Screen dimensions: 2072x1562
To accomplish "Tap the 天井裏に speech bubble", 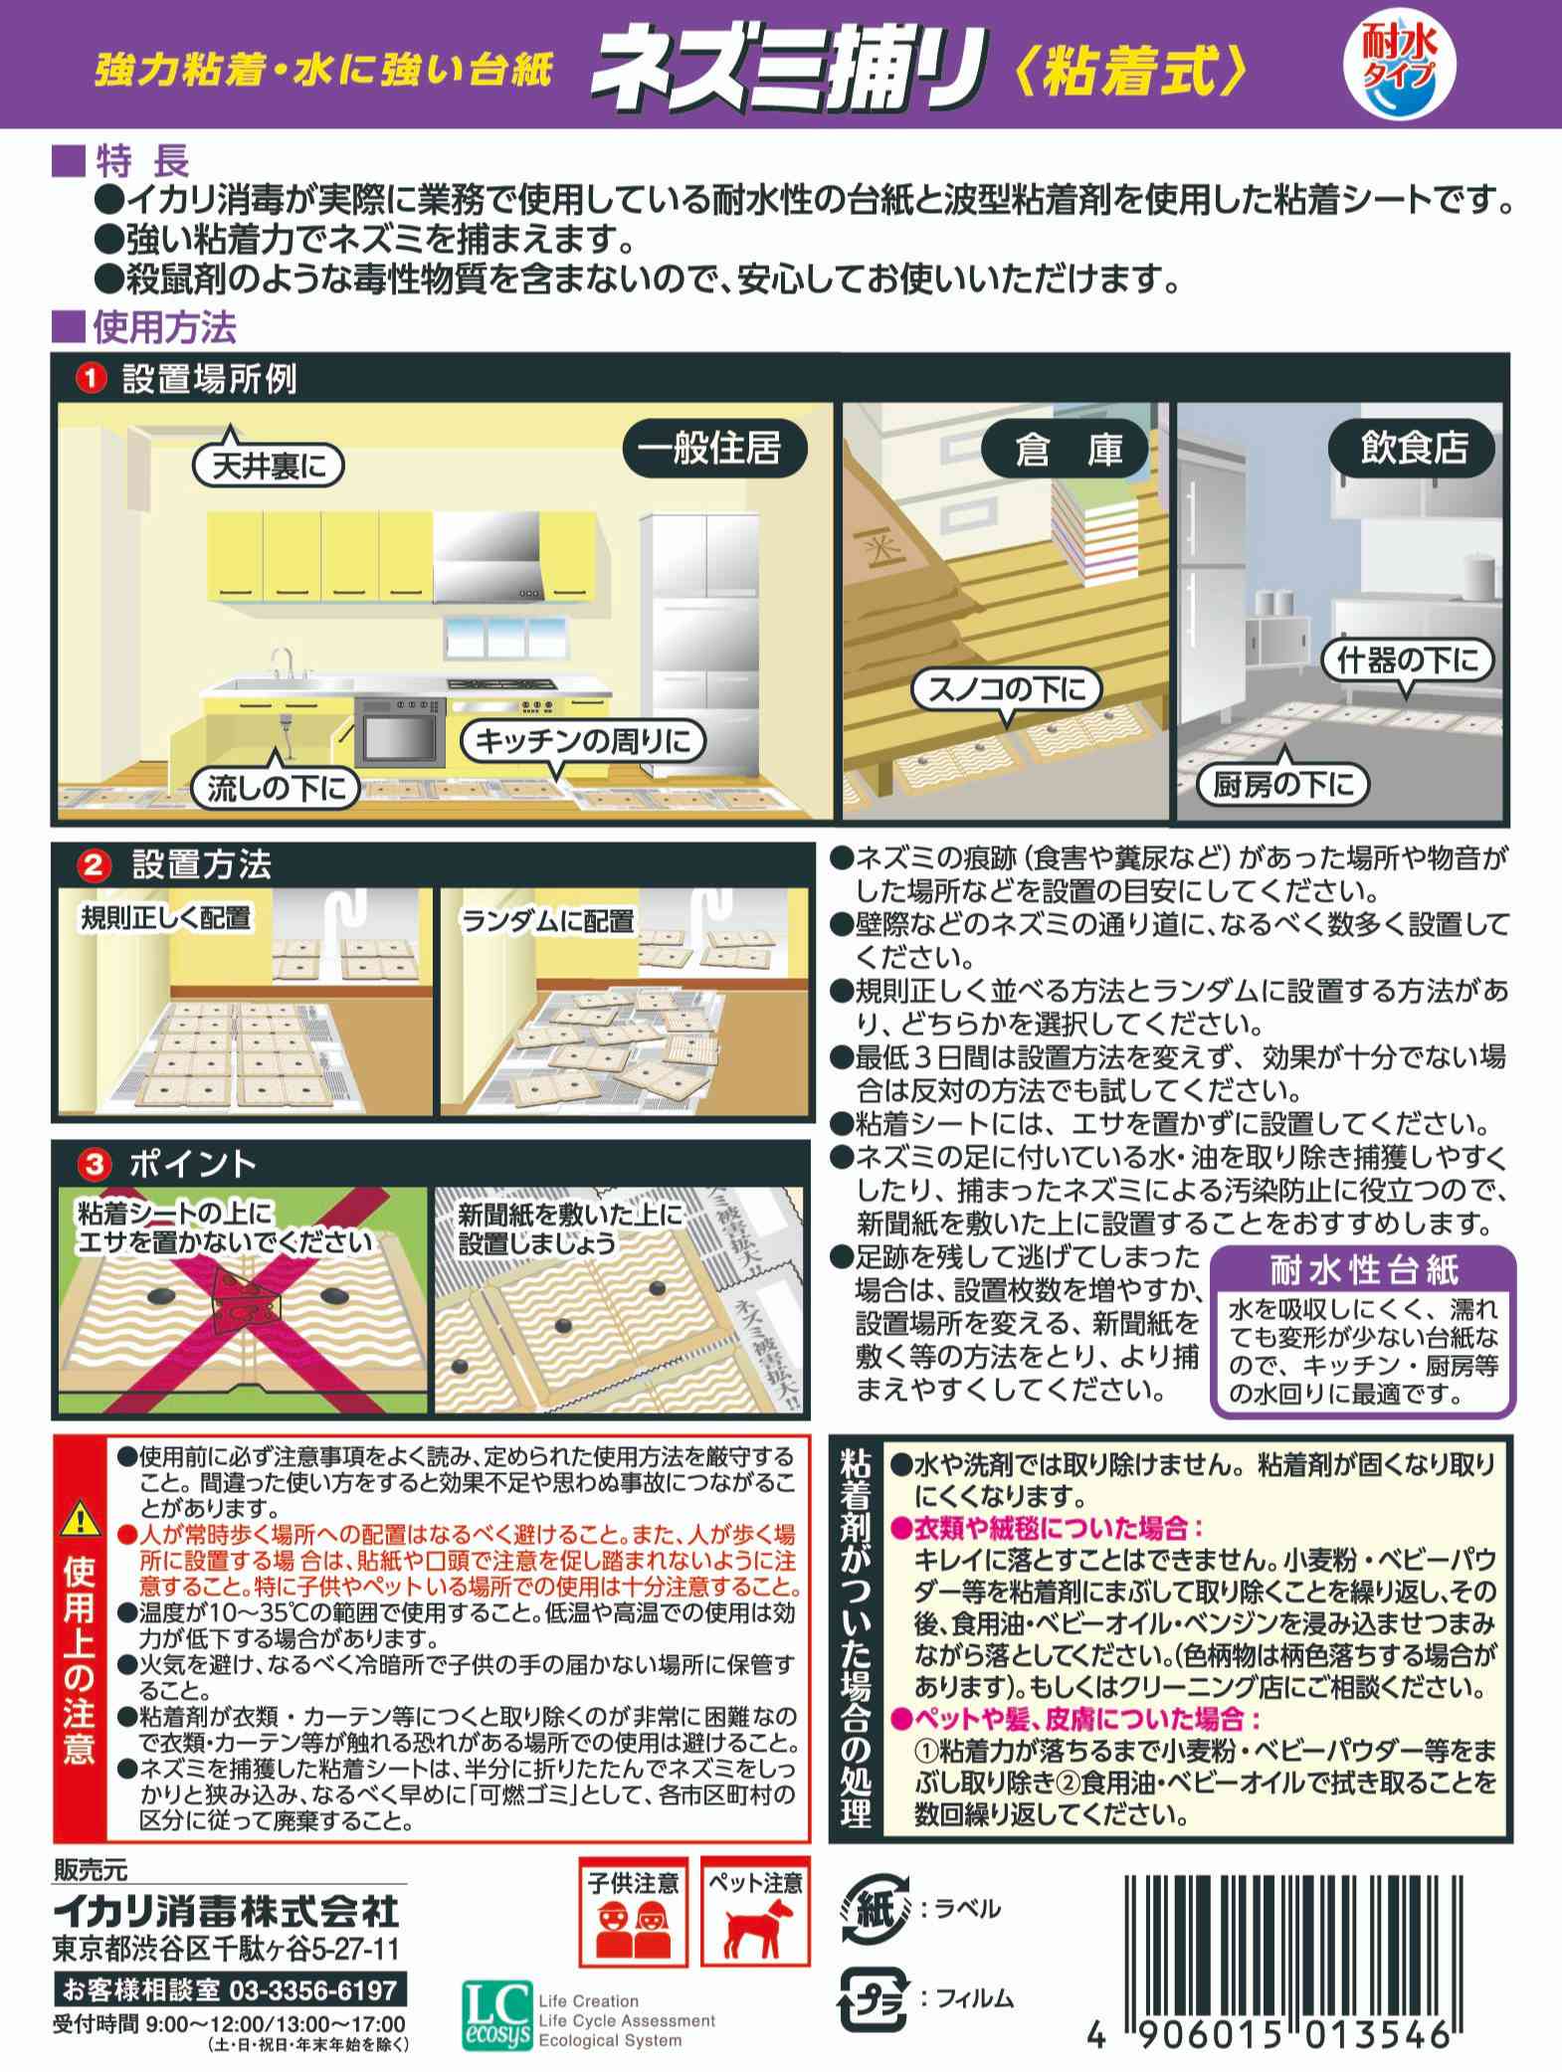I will [270, 466].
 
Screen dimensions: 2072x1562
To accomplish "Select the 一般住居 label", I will [709, 450].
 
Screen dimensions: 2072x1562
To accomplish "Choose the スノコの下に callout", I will [1006, 689].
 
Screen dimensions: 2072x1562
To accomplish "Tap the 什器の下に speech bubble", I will [1408, 661].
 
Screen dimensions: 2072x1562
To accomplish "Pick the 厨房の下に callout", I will [1282, 784].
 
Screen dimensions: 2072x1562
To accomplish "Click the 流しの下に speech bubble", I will [276, 787].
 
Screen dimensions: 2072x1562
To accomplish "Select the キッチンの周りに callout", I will [582, 740].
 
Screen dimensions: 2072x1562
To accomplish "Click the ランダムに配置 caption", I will [547, 919].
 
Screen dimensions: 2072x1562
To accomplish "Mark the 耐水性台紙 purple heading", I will [1363, 1270].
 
